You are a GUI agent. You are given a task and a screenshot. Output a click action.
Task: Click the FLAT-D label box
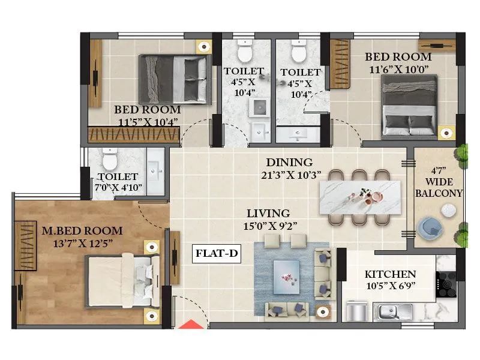click(x=217, y=254)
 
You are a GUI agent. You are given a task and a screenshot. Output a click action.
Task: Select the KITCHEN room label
click(x=391, y=274)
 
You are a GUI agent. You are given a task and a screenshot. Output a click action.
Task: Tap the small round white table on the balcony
click(x=448, y=209)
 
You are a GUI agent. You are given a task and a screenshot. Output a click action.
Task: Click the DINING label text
click(x=290, y=163)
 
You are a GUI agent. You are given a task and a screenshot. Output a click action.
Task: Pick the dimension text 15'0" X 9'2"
click(x=271, y=226)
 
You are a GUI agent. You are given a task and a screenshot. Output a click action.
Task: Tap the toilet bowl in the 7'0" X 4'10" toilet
click(x=109, y=159)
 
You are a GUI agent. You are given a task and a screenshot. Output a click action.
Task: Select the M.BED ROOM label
click(x=82, y=230)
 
